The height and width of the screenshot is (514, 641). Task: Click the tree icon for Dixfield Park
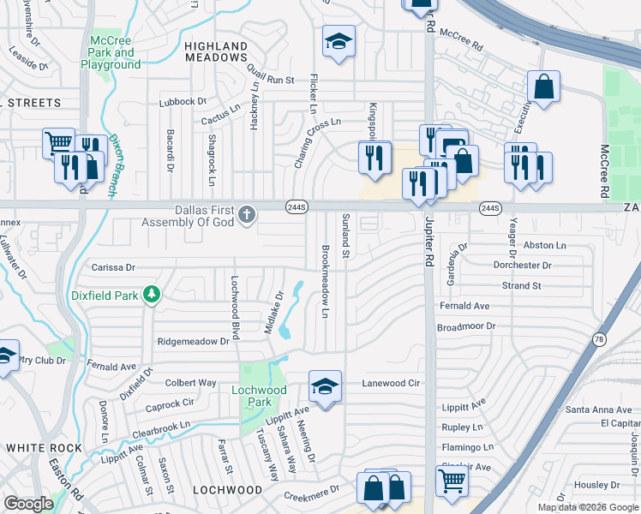[152, 295]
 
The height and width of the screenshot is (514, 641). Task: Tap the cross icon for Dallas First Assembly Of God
[247, 214]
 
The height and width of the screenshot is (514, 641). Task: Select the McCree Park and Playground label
[111, 52]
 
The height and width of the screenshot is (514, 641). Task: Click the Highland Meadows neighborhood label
[216, 51]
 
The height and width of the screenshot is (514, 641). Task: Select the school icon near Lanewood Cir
[326, 387]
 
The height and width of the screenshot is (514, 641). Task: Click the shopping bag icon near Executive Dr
[543, 86]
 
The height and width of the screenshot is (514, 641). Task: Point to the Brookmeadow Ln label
[326, 282]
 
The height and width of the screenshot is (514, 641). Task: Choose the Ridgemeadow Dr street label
[194, 341]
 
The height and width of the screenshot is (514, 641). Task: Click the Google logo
[29, 504]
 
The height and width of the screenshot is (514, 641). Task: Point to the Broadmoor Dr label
[466, 326]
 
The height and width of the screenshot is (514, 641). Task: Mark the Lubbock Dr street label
[183, 101]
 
